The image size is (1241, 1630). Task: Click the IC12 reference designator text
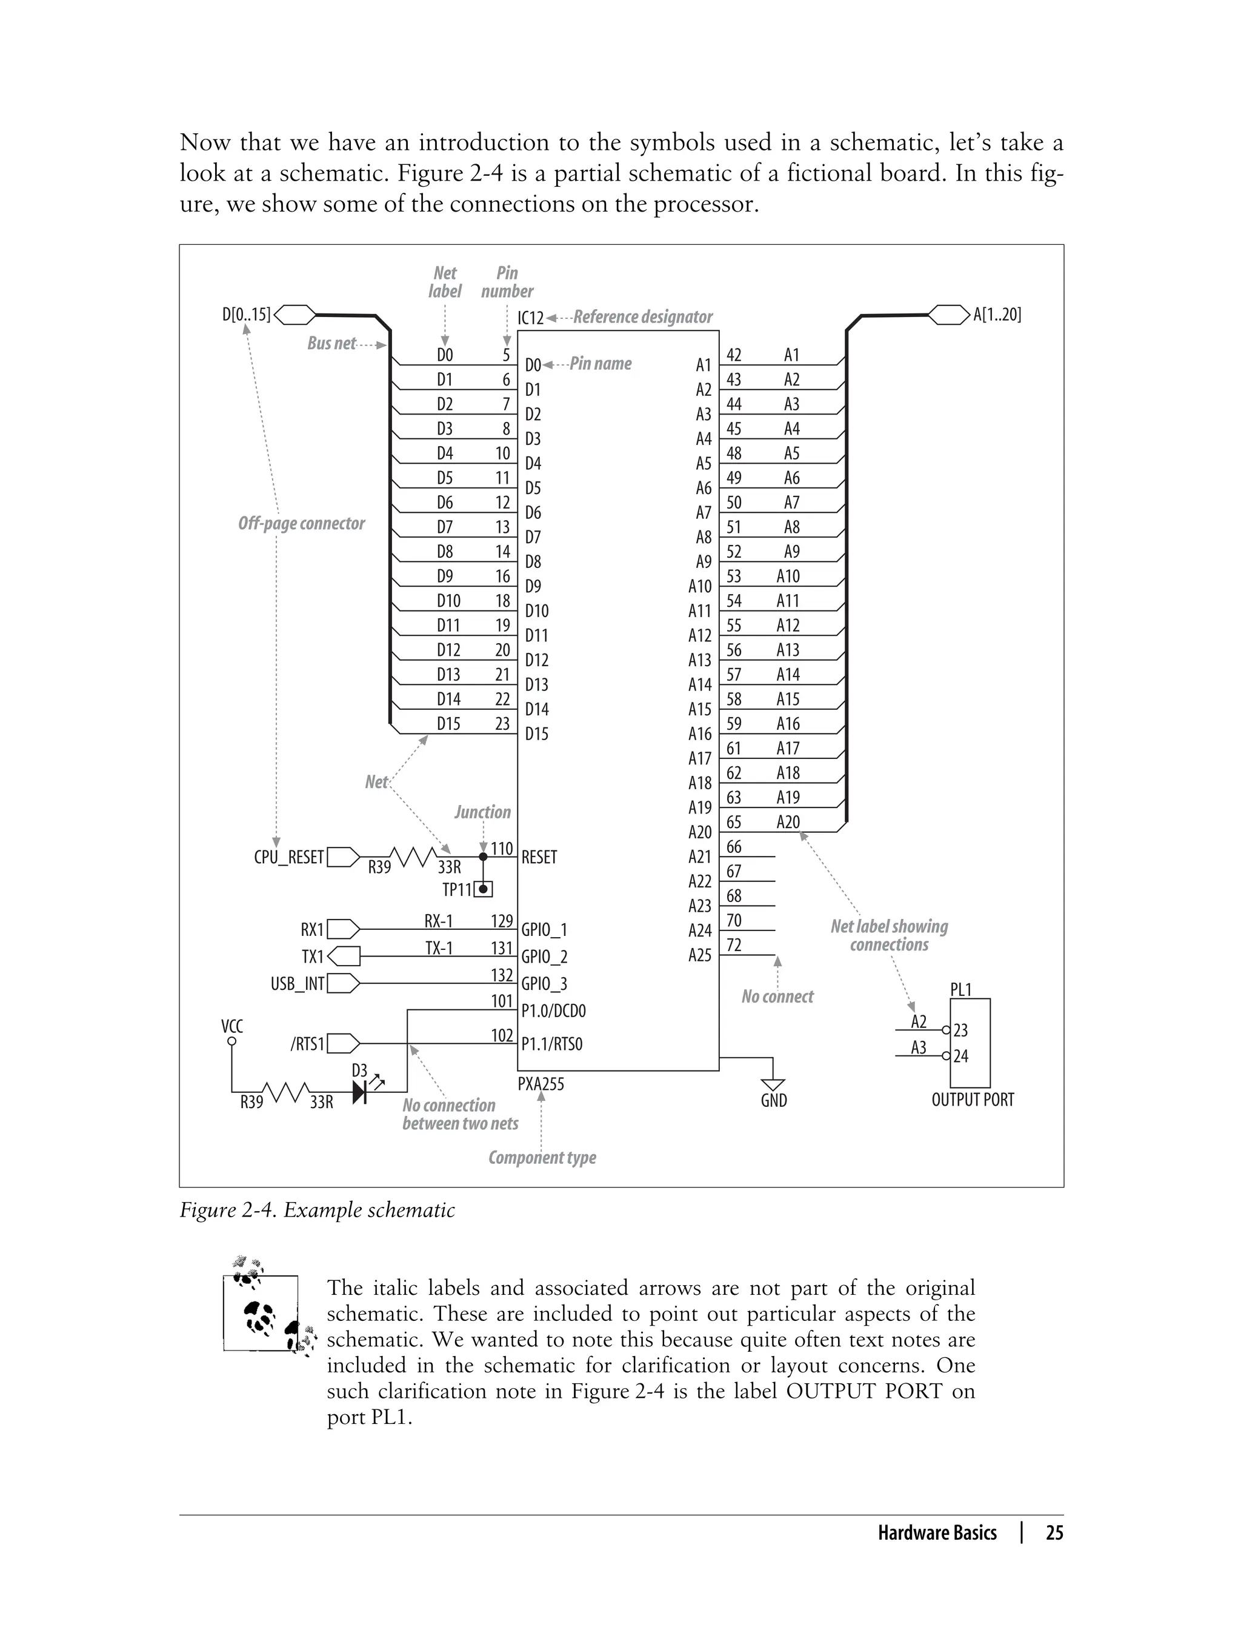(x=530, y=318)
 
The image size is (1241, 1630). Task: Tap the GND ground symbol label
(x=773, y=1100)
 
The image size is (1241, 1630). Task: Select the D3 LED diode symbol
(x=361, y=1091)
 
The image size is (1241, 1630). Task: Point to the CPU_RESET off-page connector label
(x=289, y=857)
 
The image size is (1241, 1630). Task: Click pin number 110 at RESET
(x=502, y=848)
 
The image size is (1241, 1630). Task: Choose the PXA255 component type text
(x=541, y=1084)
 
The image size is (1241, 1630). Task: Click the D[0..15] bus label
(x=246, y=315)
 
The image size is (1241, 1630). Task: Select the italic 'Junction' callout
(x=482, y=812)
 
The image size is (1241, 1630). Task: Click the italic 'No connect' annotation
(x=777, y=997)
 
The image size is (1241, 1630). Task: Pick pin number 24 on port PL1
(x=960, y=1056)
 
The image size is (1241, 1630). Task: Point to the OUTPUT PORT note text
(x=972, y=1100)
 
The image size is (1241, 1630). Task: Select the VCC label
(x=232, y=1026)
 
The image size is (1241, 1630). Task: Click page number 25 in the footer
(x=1054, y=1533)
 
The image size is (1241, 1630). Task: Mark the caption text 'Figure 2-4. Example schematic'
(x=317, y=1209)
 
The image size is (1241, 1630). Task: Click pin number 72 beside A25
(x=734, y=945)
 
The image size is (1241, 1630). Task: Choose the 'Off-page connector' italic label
(x=301, y=523)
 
